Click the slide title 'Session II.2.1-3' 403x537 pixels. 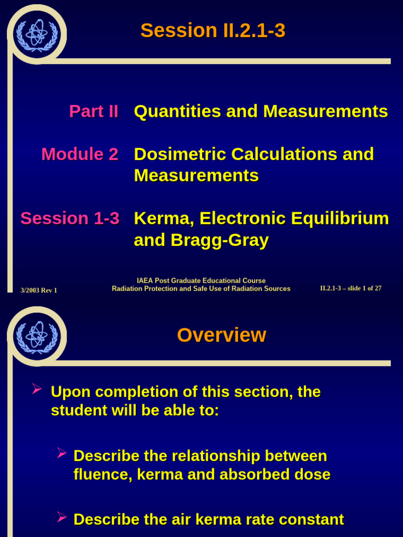pyautogui.click(x=213, y=30)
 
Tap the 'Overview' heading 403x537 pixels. pyautogui.click(x=221, y=335)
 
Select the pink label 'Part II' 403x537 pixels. pyautogui.click(x=93, y=111)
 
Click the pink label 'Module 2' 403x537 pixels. pyautogui.click(x=80, y=154)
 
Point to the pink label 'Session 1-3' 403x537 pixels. pyautogui.click(x=70, y=218)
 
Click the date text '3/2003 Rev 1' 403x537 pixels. pyautogui.click(x=39, y=290)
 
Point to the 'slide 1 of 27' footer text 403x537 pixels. pyautogui.click(x=363, y=288)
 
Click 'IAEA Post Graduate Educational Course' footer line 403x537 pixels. pyautogui.click(x=201, y=281)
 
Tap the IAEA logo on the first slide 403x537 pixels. pyautogui.click(x=37, y=34)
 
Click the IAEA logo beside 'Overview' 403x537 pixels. pyautogui.click(x=37, y=336)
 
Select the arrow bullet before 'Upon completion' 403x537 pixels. pyautogui.click(x=37, y=389)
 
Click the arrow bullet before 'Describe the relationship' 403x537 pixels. pyautogui.click(x=61, y=453)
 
